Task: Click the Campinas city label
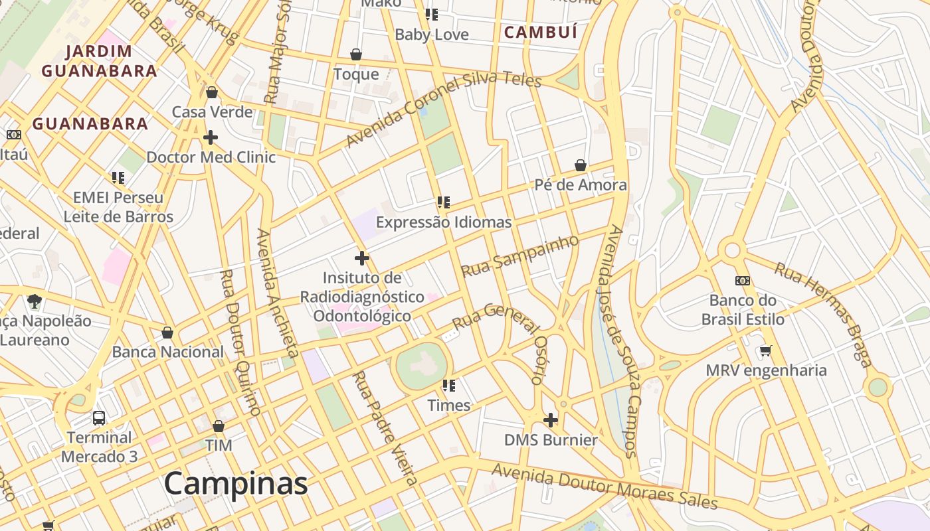[x=236, y=483]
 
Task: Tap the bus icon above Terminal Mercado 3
[x=99, y=418]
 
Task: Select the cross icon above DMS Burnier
[x=551, y=420]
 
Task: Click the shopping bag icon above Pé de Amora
[x=581, y=165]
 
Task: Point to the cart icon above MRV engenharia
[x=766, y=350]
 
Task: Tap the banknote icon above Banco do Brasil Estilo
[x=743, y=281]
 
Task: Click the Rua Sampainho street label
[x=520, y=256]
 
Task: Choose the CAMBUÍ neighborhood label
[x=541, y=32]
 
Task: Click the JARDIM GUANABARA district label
[x=100, y=61]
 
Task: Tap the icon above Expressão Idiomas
[x=444, y=202]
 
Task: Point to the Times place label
[x=449, y=405]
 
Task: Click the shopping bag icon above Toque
[x=356, y=54]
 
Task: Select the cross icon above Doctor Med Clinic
[x=211, y=137]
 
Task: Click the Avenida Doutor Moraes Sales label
[x=604, y=487]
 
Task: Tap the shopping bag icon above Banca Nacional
[x=167, y=333]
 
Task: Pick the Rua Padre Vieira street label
[x=385, y=428]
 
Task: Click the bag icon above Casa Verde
[x=212, y=92]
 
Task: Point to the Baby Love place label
[x=432, y=35]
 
